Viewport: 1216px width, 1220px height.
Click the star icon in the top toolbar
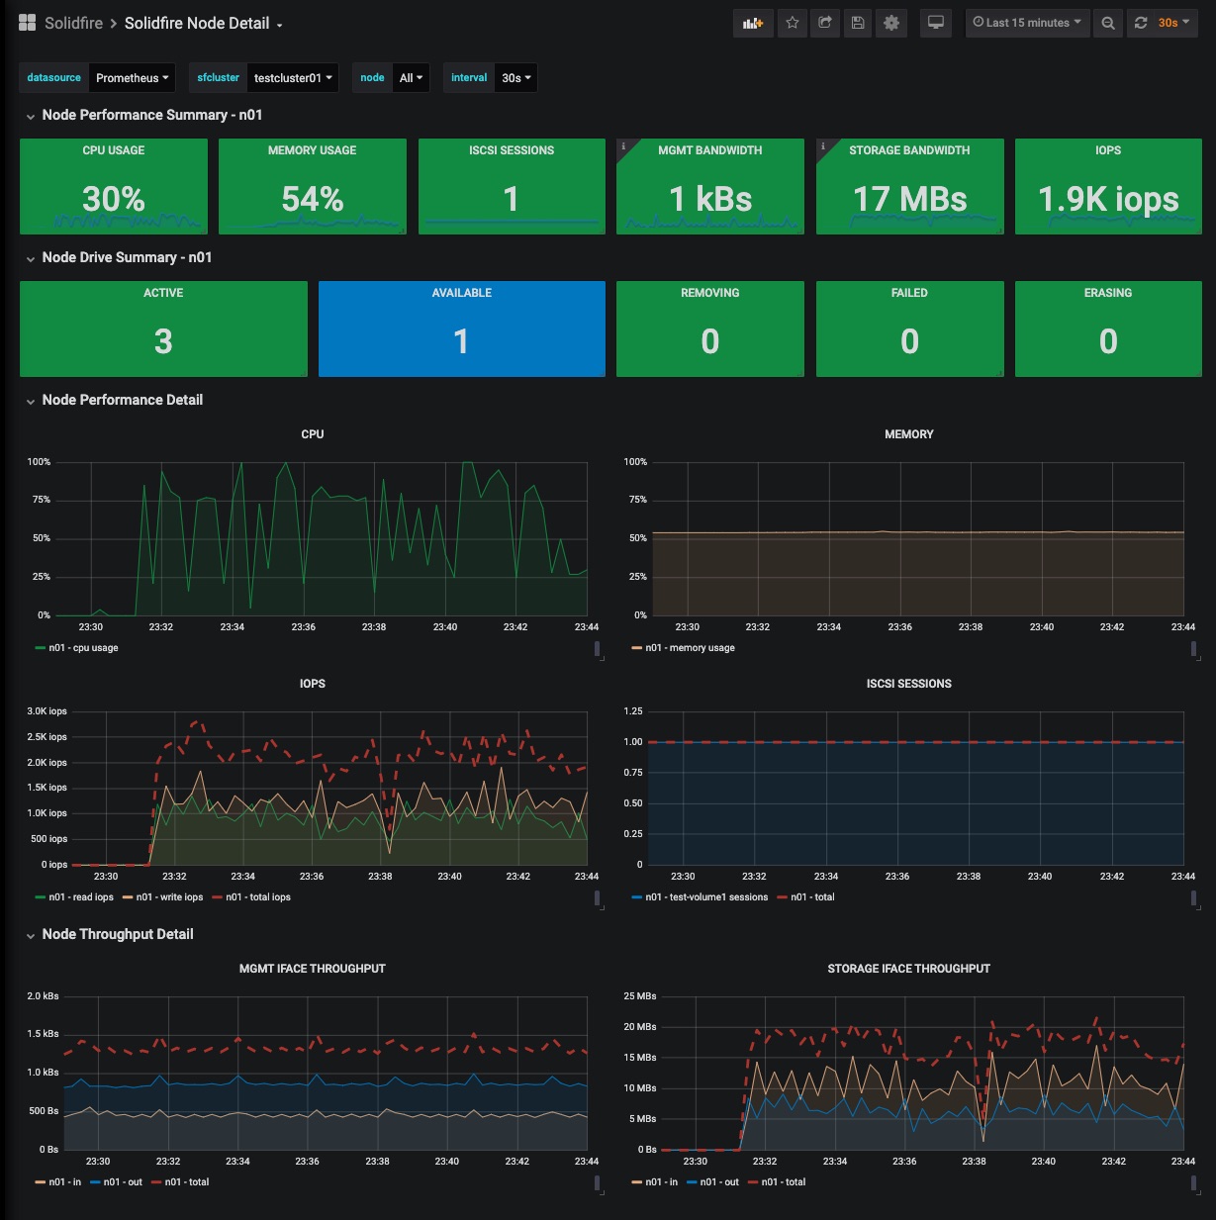[x=792, y=23]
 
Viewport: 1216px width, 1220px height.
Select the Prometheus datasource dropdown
[x=132, y=78]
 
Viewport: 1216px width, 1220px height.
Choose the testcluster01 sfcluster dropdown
[x=293, y=78]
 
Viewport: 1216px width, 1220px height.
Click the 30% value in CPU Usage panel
[x=114, y=199]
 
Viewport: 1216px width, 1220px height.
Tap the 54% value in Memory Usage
[x=313, y=199]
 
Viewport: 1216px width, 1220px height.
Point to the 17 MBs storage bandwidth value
[x=909, y=199]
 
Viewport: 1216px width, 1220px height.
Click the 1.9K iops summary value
[x=1108, y=200]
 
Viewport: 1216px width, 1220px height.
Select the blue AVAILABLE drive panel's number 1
[x=461, y=341]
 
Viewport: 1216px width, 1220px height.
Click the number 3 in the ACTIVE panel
[x=163, y=341]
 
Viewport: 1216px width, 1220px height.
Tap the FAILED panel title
[x=909, y=293]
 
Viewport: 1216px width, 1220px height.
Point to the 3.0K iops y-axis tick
[x=47, y=711]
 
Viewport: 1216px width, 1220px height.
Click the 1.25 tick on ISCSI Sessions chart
[x=632, y=711]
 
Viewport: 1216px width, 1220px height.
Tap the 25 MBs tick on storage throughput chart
[x=640, y=995]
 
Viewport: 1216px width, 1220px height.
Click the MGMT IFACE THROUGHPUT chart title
[x=313, y=969]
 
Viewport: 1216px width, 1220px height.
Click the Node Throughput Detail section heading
[x=118, y=934]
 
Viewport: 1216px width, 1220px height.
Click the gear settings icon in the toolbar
[x=891, y=23]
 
